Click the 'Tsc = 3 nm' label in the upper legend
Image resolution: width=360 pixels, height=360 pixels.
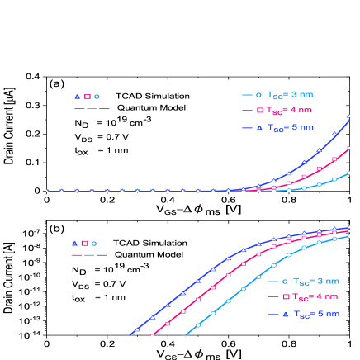(290, 94)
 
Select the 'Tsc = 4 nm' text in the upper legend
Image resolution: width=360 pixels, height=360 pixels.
(290, 110)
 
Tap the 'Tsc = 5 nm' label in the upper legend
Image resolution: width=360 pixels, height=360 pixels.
(290, 128)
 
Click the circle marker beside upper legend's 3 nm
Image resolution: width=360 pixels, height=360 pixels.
(259, 94)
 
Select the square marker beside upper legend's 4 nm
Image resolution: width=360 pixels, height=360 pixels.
(259, 110)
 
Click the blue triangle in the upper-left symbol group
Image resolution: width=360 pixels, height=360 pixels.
(77, 97)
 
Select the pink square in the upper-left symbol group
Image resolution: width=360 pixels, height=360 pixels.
(87, 97)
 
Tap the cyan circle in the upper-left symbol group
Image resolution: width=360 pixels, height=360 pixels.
(97, 97)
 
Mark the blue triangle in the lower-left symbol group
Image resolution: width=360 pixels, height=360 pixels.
(74, 244)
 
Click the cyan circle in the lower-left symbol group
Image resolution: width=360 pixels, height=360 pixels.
(94, 244)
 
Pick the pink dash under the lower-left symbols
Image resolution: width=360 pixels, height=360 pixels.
(78, 255)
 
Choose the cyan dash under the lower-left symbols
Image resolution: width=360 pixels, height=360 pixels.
(90, 255)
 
